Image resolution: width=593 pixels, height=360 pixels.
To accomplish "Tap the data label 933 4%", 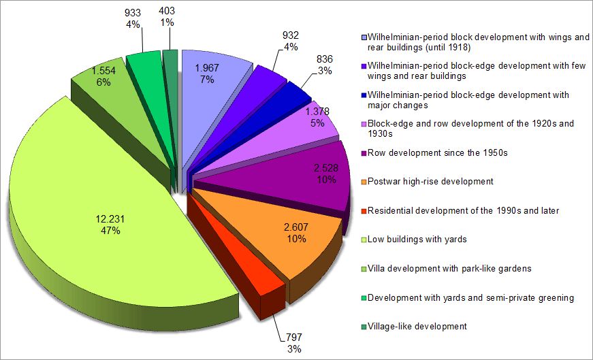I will click(x=132, y=18).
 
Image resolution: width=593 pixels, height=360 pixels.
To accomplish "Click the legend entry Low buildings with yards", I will click(x=415, y=240).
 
